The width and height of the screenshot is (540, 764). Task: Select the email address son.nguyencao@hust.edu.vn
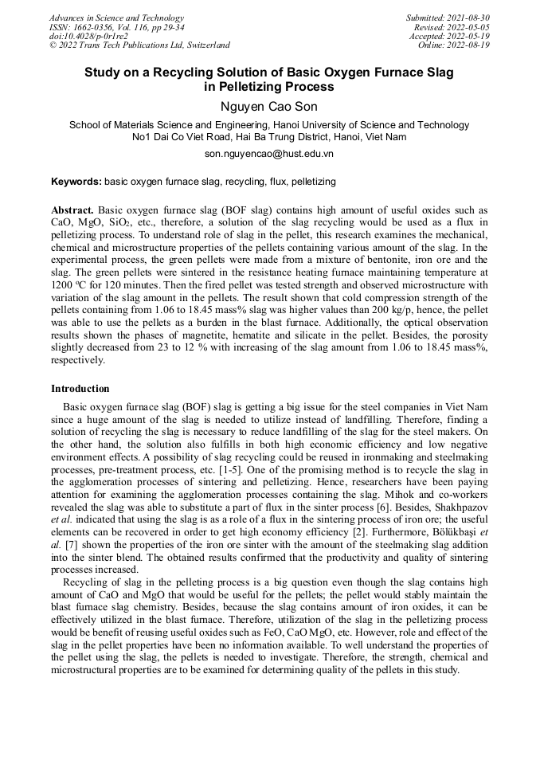click(x=269, y=153)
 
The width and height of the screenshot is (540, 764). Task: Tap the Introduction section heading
click(x=80, y=389)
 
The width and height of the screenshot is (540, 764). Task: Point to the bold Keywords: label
click(x=76, y=182)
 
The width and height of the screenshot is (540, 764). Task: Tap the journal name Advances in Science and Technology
click(x=116, y=18)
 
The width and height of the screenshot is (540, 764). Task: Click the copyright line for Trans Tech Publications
click(x=139, y=45)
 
